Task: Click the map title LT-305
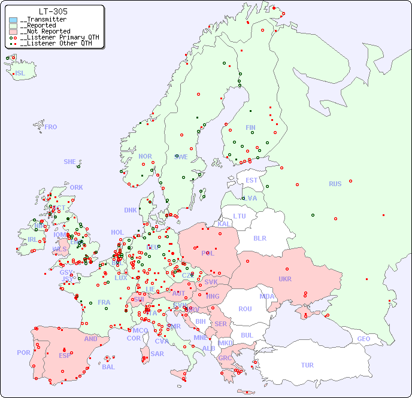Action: point(53,11)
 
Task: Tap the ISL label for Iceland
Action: point(20,74)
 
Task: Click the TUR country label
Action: point(307,365)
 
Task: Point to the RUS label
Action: point(335,184)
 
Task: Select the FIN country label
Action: point(250,127)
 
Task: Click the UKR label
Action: point(285,279)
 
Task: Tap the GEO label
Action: point(363,339)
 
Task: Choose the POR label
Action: point(23,353)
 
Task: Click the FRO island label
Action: point(51,127)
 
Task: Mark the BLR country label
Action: point(260,238)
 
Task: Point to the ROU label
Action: point(245,309)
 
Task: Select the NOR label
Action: point(145,156)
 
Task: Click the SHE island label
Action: point(69,162)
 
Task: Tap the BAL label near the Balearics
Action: point(108,367)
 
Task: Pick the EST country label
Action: point(252,180)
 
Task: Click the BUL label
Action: point(247,335)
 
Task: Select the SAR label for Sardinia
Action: point(157,354)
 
